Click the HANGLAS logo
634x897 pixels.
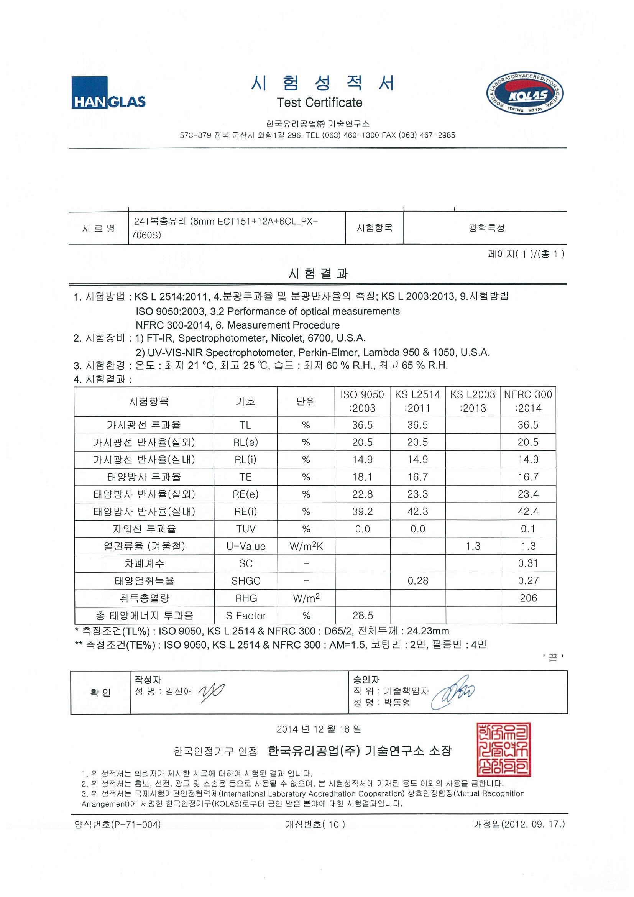[108, 93]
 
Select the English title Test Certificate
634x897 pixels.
[319, 103]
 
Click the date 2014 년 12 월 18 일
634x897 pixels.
[319, 729]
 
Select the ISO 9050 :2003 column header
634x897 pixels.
[362, 401]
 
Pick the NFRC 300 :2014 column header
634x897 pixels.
[528, 401]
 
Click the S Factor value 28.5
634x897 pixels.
[363, 616]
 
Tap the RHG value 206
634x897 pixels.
[528, 598]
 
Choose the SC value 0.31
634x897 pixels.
[528, 563]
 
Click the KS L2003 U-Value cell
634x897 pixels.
[473, 546]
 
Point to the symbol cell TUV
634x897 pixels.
[246, 529]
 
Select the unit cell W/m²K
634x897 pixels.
[306, 546]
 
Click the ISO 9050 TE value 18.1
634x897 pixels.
[362, 477]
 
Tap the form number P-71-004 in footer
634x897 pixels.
[118, 825]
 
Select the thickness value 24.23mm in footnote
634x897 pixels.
[428, 631]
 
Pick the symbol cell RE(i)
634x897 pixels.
[246, 512]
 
